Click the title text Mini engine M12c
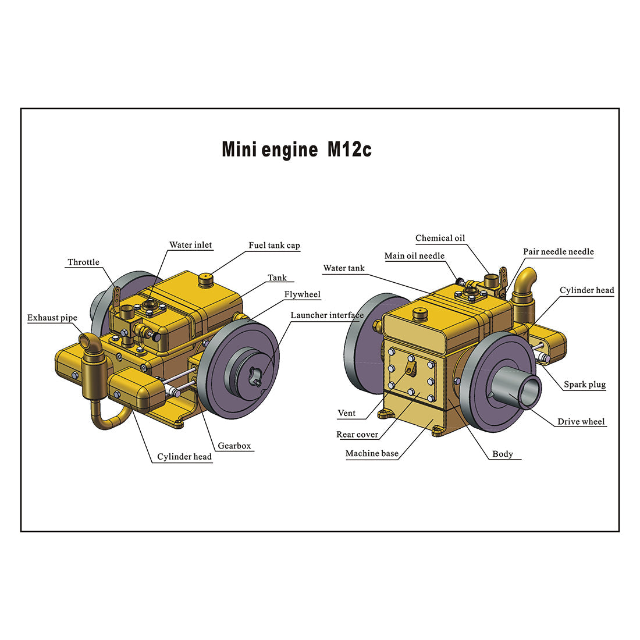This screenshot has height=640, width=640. pos(296,150)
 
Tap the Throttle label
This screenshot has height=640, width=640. pos(83,262)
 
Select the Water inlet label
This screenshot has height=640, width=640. pos(190,245)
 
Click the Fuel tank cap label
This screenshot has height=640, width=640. pos(274,246)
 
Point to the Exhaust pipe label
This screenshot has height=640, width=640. pos(52,318)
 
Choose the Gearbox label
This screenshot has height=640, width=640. pos(234,446)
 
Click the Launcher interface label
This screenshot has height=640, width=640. pos(326,315)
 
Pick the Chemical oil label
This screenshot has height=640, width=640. pos(440,238)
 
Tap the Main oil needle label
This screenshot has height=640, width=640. pos(414,256)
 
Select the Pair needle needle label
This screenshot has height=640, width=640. pos(558,252)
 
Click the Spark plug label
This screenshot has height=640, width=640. pos(584,385)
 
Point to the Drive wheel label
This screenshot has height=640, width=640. pos(581,422)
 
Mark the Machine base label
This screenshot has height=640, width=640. pos(371,454)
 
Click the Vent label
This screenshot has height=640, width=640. pos(346,413)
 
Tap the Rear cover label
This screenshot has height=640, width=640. pos(357,435)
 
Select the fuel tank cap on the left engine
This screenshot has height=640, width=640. pos(207,280)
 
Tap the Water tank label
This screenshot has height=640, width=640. pos(343,268)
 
